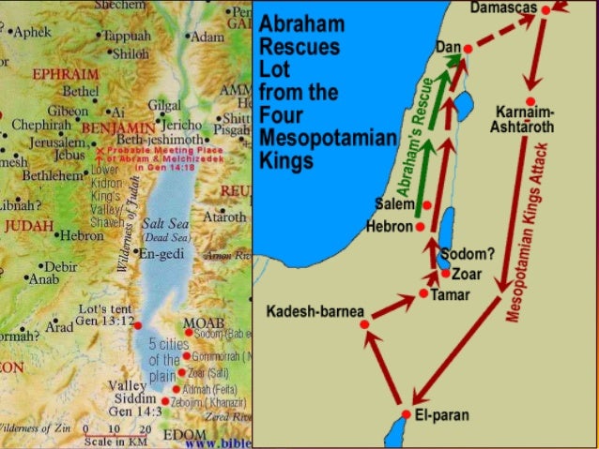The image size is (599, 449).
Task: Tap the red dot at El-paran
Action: [x=406, y=413]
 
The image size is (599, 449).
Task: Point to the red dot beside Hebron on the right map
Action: [x=420, y=227]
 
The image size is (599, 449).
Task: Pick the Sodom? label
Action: [x=471, y=254]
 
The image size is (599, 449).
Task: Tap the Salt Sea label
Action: [x=161, y=225]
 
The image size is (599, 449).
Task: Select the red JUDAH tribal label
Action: [x=29, y=226]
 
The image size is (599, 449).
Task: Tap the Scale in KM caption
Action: [x=111, y=440]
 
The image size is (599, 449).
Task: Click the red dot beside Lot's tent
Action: [x=137, y=324]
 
